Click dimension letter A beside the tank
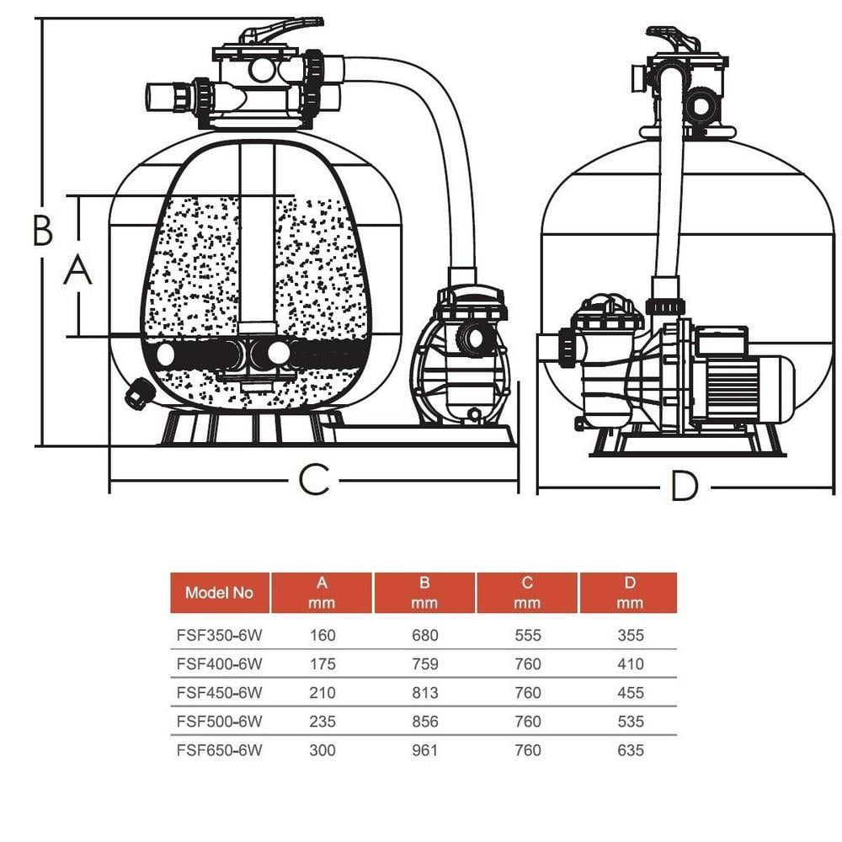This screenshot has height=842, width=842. click(x=77, y=270)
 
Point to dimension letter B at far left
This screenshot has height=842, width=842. click(x=42, y=230)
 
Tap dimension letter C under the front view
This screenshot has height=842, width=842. click(x=313, y=480)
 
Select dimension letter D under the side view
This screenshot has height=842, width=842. click(x=685, y=486)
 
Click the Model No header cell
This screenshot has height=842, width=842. click(x=219, y=593)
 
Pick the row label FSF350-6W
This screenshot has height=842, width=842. click(x=219, y=635)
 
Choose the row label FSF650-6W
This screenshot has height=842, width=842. click(x=219, y=750)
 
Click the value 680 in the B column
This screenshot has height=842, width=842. click(x=424, y=635)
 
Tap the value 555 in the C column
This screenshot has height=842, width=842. click(x=528, y=635)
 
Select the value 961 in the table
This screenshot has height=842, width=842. click(x=424, y=750)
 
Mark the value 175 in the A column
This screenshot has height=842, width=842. click(x=322, y=664)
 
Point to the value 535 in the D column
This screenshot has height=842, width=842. click(x=631, y=722)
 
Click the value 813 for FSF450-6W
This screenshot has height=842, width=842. click(x=424, y=693)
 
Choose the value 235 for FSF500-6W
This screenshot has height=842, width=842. click(x=322, y=722)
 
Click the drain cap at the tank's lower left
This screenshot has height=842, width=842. click(x=139, y=393)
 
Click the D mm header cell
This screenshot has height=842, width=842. click(x=629, y=593)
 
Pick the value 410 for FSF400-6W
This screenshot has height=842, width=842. click(x=631, y=664)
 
